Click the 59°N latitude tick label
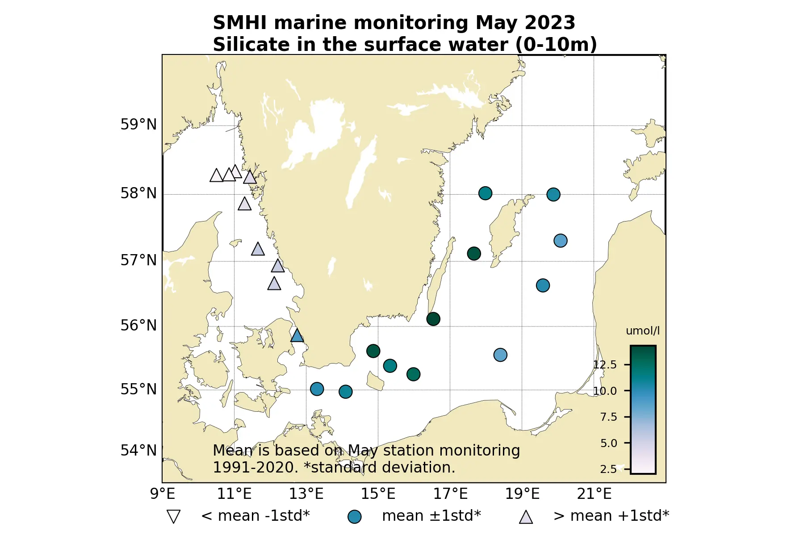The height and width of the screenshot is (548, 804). point(138,125)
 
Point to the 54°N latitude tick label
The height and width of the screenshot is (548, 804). point(138,451)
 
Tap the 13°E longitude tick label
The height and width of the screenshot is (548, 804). point(306,494)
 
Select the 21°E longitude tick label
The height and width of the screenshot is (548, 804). point(594,494)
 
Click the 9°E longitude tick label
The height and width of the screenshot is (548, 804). point(162,494)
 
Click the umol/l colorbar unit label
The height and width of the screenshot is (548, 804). point(642,331)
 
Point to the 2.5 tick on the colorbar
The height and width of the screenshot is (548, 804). point(608,469)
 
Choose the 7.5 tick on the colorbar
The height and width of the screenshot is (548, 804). point(608,417)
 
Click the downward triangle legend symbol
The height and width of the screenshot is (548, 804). point(173,517)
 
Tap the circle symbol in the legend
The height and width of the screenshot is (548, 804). point(354,517)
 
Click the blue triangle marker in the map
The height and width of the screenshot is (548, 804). point(297,335)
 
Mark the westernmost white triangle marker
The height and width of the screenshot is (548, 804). point(216,176)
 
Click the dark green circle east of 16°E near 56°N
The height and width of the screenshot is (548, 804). point(433,319)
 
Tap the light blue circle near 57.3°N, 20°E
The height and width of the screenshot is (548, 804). point(560,241)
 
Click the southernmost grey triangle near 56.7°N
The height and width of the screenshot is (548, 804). point(274,284)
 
